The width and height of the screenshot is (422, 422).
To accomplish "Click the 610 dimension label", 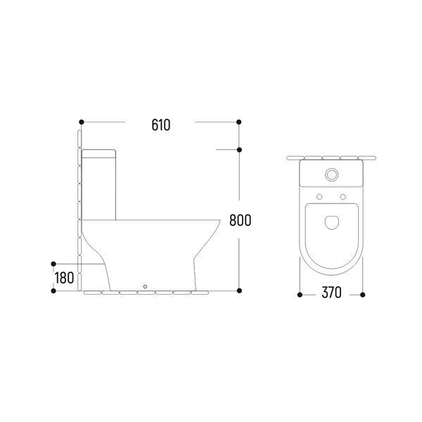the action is coord(161,125).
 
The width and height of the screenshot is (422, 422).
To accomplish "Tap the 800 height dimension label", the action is coord(241,220).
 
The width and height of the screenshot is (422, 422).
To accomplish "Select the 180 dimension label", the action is coord(64,278).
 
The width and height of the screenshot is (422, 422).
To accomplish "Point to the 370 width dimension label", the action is coord(331,293).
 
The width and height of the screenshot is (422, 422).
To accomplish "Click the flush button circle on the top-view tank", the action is coord(331,174).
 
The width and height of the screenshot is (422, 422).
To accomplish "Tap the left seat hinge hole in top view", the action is coord(319,197).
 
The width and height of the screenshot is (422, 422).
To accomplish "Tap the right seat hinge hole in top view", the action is coord(343,197).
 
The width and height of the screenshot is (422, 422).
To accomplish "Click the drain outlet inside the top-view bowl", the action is coord(331,223).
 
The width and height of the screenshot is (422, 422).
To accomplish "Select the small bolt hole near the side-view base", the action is coord(145,287).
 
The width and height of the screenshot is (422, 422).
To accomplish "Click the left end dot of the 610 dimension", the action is coord(82,122).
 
